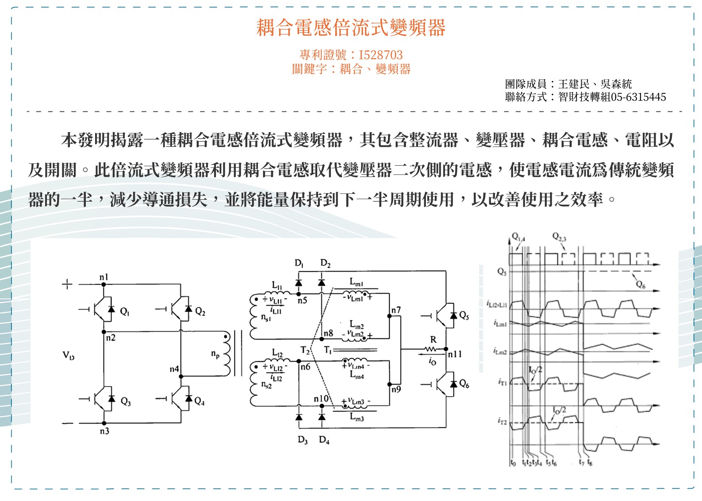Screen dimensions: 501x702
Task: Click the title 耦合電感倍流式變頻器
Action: tap(351, 27)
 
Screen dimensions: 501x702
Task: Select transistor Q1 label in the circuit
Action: tap(125, 312)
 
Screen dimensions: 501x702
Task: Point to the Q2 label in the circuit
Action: tap(200, 312)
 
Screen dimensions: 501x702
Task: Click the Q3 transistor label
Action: tap(126, 402)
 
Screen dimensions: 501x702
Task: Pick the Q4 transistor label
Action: tap(199, 401)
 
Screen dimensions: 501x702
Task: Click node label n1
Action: tap(104, 277)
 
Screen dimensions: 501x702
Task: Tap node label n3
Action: tap(104, 431)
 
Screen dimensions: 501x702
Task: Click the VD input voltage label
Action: tap(68, 355)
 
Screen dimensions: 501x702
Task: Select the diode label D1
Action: tap(299, 264)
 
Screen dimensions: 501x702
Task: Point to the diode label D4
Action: tap(324, 440)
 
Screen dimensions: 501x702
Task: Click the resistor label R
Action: tap(433, 339)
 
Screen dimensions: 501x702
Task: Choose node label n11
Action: tap(455, 354)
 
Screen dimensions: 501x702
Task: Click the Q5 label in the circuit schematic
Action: tap(464, 315)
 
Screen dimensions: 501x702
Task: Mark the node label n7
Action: tap(396, 310)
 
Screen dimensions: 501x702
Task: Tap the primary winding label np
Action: tap(215, 354)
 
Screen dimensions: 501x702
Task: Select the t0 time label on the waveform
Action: tap(513, 463)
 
